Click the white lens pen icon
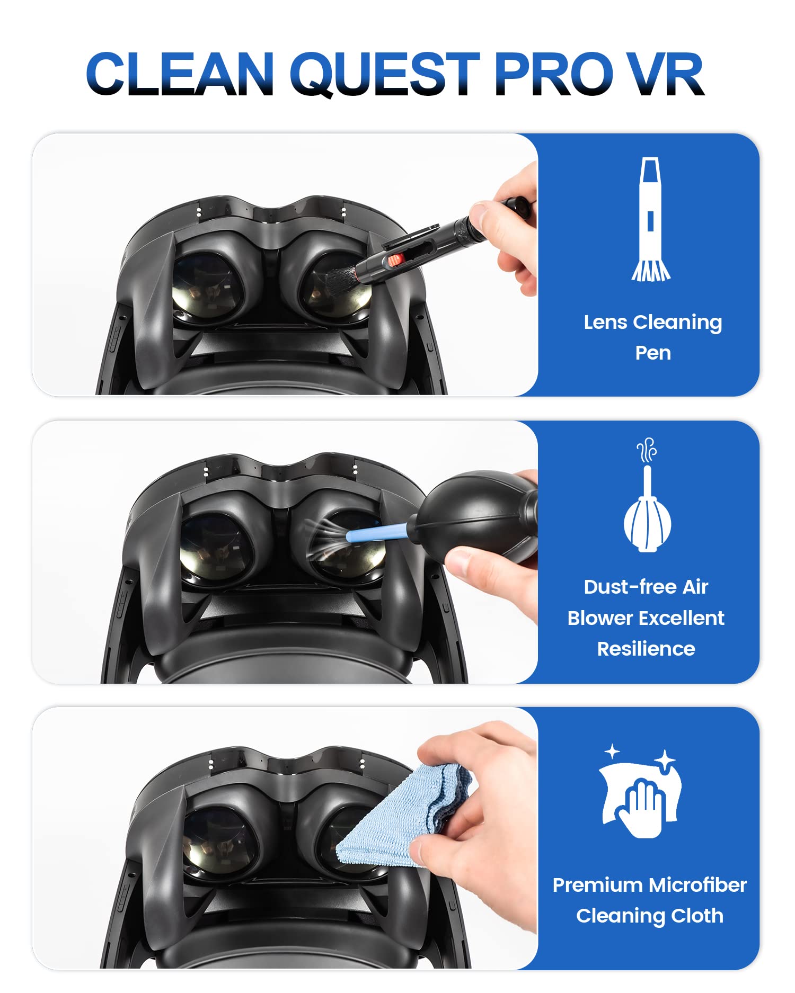[x=651, y=219]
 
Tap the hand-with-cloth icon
[x=640, y=791]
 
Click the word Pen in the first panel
[x=653, y=353]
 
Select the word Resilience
[x=646, y=649]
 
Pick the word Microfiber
[x=698, y=885]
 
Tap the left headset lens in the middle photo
[x=215, y=547]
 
